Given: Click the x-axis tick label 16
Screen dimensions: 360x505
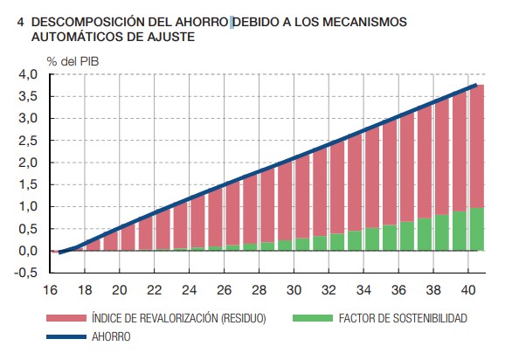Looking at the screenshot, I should click(x=51, y=290).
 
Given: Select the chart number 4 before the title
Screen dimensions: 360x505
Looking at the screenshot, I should click(x=20, y=19).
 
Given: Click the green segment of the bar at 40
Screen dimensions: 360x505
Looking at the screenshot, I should click(x=477, y=229).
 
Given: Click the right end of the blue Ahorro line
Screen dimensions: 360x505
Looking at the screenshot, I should click(x=476, y=85).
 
